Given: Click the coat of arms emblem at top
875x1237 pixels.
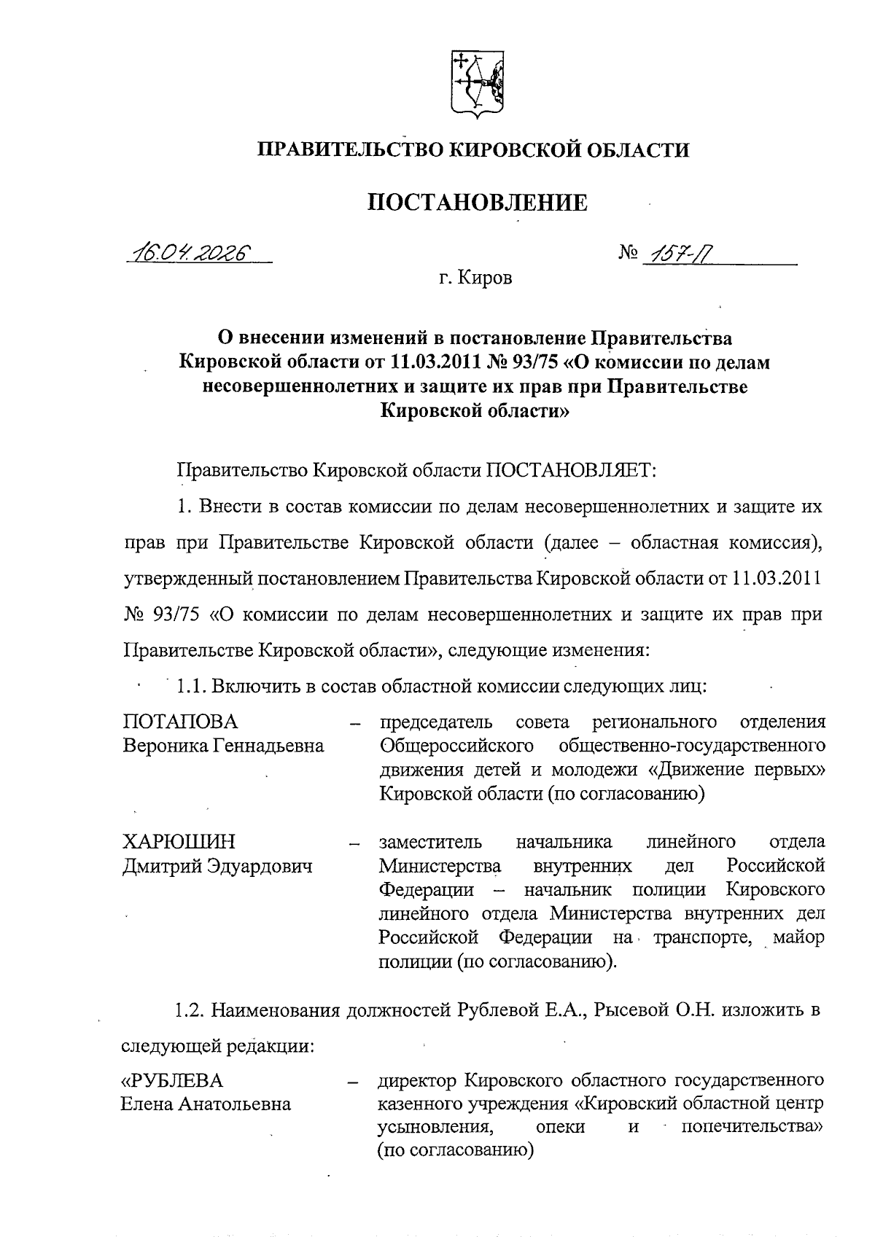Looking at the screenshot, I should [475, 83].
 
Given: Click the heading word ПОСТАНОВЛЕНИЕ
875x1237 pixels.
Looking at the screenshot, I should [477, 202].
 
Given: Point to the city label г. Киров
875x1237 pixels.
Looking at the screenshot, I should [475, 278].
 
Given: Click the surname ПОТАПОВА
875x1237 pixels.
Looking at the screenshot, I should [180, 722].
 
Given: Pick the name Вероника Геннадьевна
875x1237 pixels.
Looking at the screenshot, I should [223, 746].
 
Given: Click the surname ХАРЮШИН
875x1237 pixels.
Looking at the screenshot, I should [179, 842].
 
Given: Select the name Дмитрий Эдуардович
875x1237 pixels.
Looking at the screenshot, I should [217, 866].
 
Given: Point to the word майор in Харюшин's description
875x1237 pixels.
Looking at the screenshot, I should [798, 937].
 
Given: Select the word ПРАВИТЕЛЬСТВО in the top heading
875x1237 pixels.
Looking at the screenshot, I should [349, 150].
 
